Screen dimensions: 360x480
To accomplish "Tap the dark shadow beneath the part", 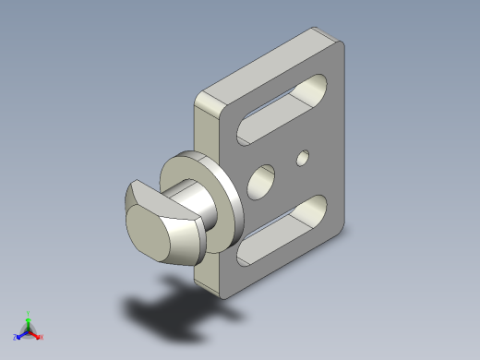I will tap(175, 315).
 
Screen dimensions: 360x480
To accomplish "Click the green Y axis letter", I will tap(29, 313).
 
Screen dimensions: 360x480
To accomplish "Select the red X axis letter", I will tap(42, 337).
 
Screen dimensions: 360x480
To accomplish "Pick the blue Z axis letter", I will tap(15, 337).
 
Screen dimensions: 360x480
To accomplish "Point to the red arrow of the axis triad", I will tap(35, 333).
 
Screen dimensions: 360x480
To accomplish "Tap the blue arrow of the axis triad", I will tap(21, 333).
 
